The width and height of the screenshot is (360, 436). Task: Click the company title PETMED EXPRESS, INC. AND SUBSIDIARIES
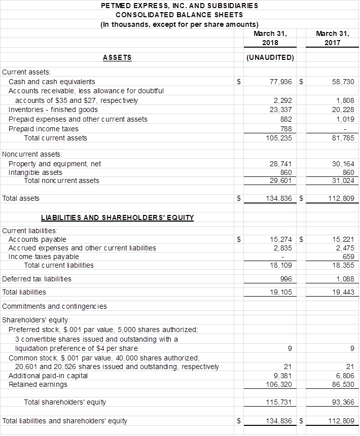(179, 6)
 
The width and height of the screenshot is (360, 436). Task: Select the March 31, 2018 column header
(270, 38)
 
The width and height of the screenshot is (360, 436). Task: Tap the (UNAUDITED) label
(270, 57)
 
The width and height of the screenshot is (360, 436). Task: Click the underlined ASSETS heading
(117, 57)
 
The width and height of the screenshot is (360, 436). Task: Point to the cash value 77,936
(280, 82)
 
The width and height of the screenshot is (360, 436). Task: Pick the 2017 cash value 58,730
(343, 82)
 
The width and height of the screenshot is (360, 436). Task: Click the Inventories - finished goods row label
(53, 110)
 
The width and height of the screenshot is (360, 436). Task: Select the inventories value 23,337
(281, 110)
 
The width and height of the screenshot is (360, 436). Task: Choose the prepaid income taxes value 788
(286, 129)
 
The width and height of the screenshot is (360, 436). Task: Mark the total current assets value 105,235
(279, 138)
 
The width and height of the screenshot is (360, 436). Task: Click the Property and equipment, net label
(55, 164)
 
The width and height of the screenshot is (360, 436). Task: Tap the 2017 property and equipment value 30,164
(343, 164)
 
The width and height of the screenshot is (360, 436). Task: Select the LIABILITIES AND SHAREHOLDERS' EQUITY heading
(117, 218)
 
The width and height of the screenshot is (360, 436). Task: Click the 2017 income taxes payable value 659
(348, 257)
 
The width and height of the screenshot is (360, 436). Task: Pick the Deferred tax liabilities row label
(37, 279)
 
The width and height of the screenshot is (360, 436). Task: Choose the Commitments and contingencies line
(54, 306)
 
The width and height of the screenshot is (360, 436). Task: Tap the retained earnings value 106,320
(279, 384)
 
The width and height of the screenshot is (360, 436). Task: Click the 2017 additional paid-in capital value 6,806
(345, 376)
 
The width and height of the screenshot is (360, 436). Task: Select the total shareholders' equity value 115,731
(279, 402)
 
